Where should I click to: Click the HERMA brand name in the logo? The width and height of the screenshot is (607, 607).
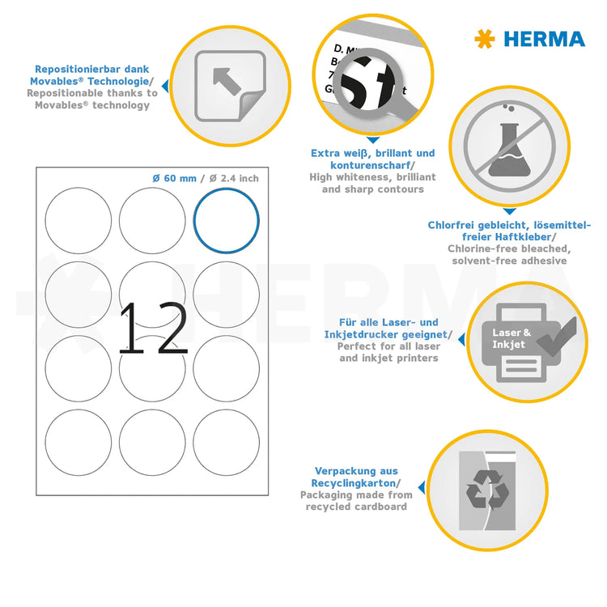[545, 38]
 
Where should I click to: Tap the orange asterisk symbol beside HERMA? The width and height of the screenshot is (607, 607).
[485, 38]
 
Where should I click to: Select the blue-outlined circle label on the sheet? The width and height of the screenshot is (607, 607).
[226, 220]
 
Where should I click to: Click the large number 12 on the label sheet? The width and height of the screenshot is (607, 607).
[153, 329]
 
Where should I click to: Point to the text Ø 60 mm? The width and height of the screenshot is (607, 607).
[174, 178]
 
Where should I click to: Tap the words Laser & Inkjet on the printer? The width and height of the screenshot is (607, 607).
[511, 338]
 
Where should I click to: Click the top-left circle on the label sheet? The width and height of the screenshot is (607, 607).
[78, 220]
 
